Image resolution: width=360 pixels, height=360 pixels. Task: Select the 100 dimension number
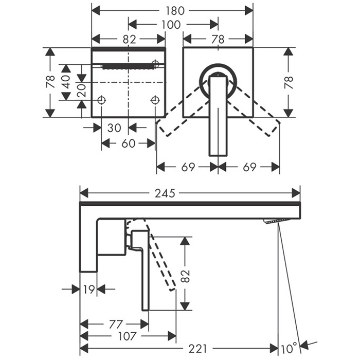pyautogui.click(x=171, y=25)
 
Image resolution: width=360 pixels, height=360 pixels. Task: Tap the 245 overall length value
pyautogui.click(x=165, y=193)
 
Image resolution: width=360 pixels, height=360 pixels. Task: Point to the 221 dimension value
pyautogui.click(x=197, y=349)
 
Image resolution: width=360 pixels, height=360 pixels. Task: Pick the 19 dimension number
pyautogui.click(x=89, y=290)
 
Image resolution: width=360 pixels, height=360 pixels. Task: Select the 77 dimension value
pyautogui.click(x=116, y=325)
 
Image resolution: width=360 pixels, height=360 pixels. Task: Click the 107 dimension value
pyautogui.click(x=128, y=336)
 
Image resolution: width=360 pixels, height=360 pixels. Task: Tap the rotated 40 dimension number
pyautogui.click(x=66, y=82)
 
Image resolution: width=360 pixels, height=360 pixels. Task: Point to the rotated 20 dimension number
pyautogui.click(x=82, y=90)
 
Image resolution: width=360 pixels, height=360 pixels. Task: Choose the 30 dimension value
pyautogui.click(x=114, y=128)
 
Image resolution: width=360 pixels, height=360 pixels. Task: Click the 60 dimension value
pyautogui.click(x=129, y=143)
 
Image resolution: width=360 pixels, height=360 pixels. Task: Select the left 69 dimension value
pyautogui.click(x=188, y=167)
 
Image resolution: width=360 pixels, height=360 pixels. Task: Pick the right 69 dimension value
pyautogui.click(x=249, y=167)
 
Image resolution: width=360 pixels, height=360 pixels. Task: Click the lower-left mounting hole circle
pyautogui.click(x=101, y=100)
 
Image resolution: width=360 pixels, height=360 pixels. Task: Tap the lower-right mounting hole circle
pyautogui.click(x=155, y=100)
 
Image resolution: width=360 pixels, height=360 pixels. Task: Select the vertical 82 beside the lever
pyautogui.click(x=186, y=276)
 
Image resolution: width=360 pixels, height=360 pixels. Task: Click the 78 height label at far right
pyautogui.click(x=289, y=82)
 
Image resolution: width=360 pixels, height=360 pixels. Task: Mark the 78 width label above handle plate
pyautogui.click(x=218, y=39)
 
